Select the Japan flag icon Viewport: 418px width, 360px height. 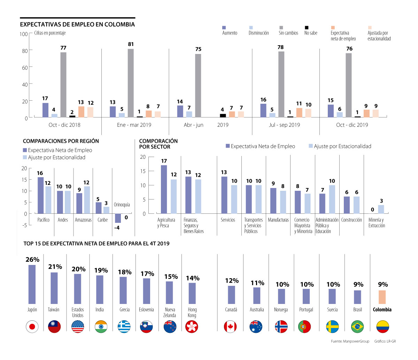pyautogui.click(x=32, y=327)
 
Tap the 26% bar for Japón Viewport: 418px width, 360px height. pyautogui.click(x=32, y=284)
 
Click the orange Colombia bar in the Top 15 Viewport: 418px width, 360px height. pyautogui.click(x=382, y=297)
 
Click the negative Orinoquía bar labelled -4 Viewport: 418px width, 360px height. pyautogui.click(x=118, y=218)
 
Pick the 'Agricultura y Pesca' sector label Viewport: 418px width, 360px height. pyautogui.click(x=166, y=222)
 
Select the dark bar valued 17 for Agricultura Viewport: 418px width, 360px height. pyautogui.click(x=164, y=189)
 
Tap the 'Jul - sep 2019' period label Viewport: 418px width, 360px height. pyautogui.click(x=284, y=125)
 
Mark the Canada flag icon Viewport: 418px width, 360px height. pyautogui.click(x=230, y=327)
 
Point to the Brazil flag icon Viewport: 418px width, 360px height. pyautogui.click(x=357, y=327)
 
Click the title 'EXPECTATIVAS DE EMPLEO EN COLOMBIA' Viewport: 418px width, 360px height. pyautogui.click(x=77, y=24)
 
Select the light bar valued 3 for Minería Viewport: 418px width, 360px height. pyautogui.click(x=381, y=209)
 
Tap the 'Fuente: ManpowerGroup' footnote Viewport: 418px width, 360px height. pyautogui.click(x=350, y=341)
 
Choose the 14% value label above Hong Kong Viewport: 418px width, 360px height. pyautogui.click(x=192, y=278)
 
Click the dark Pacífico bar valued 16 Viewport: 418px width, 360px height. pyautogui.click(x=40, y=195)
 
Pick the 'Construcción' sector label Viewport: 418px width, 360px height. pyautogui.click(x=351, y=220)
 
